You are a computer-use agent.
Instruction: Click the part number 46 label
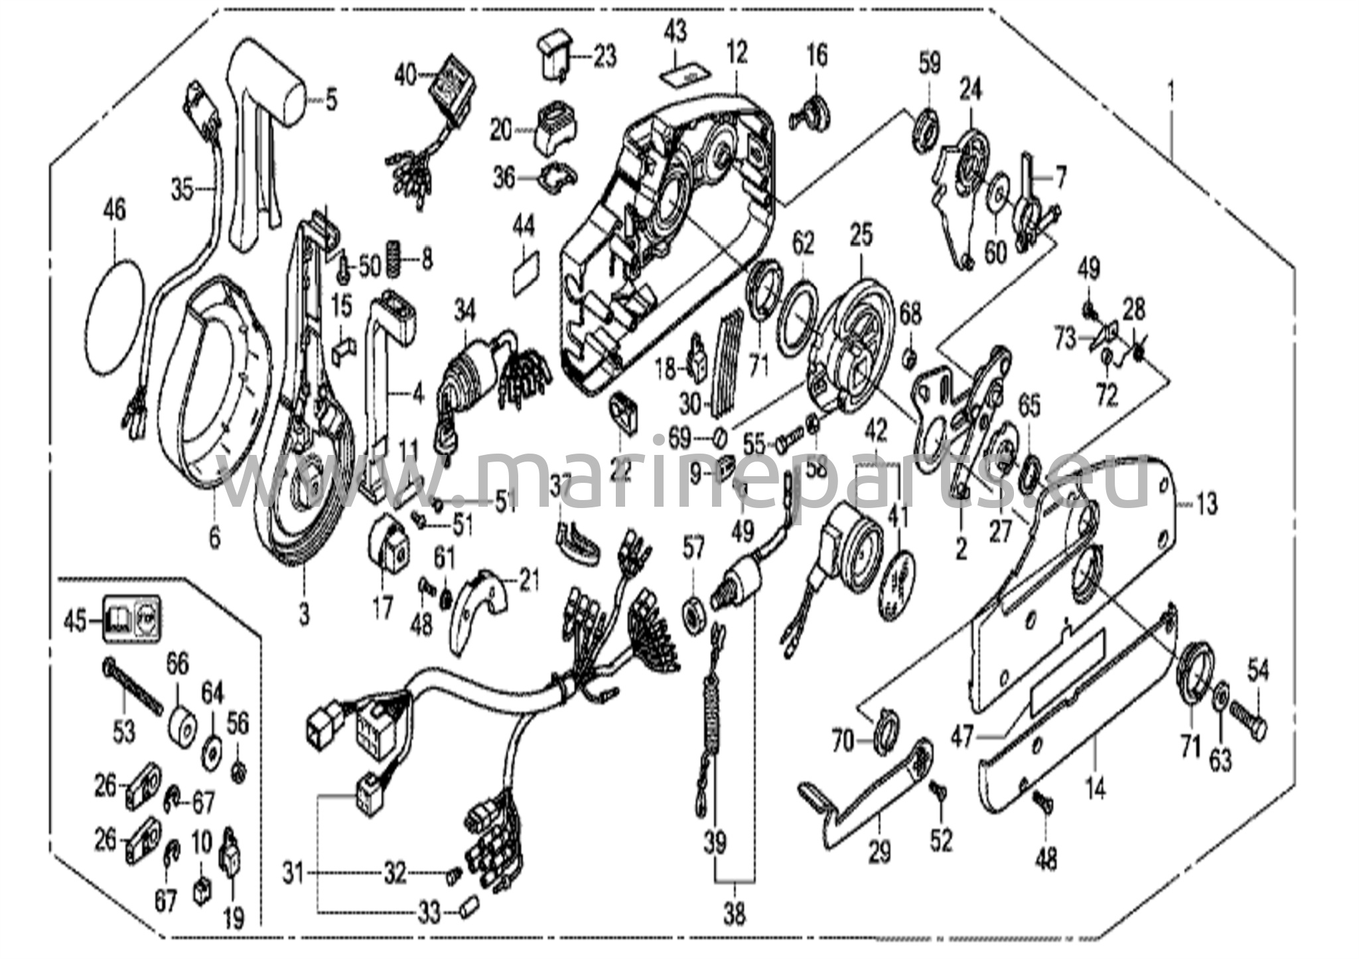point(114,211)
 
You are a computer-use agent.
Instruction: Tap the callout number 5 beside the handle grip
point(331,101)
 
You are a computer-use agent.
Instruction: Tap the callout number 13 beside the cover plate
point(1206,505)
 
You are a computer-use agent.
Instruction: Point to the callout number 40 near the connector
point(405,75)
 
